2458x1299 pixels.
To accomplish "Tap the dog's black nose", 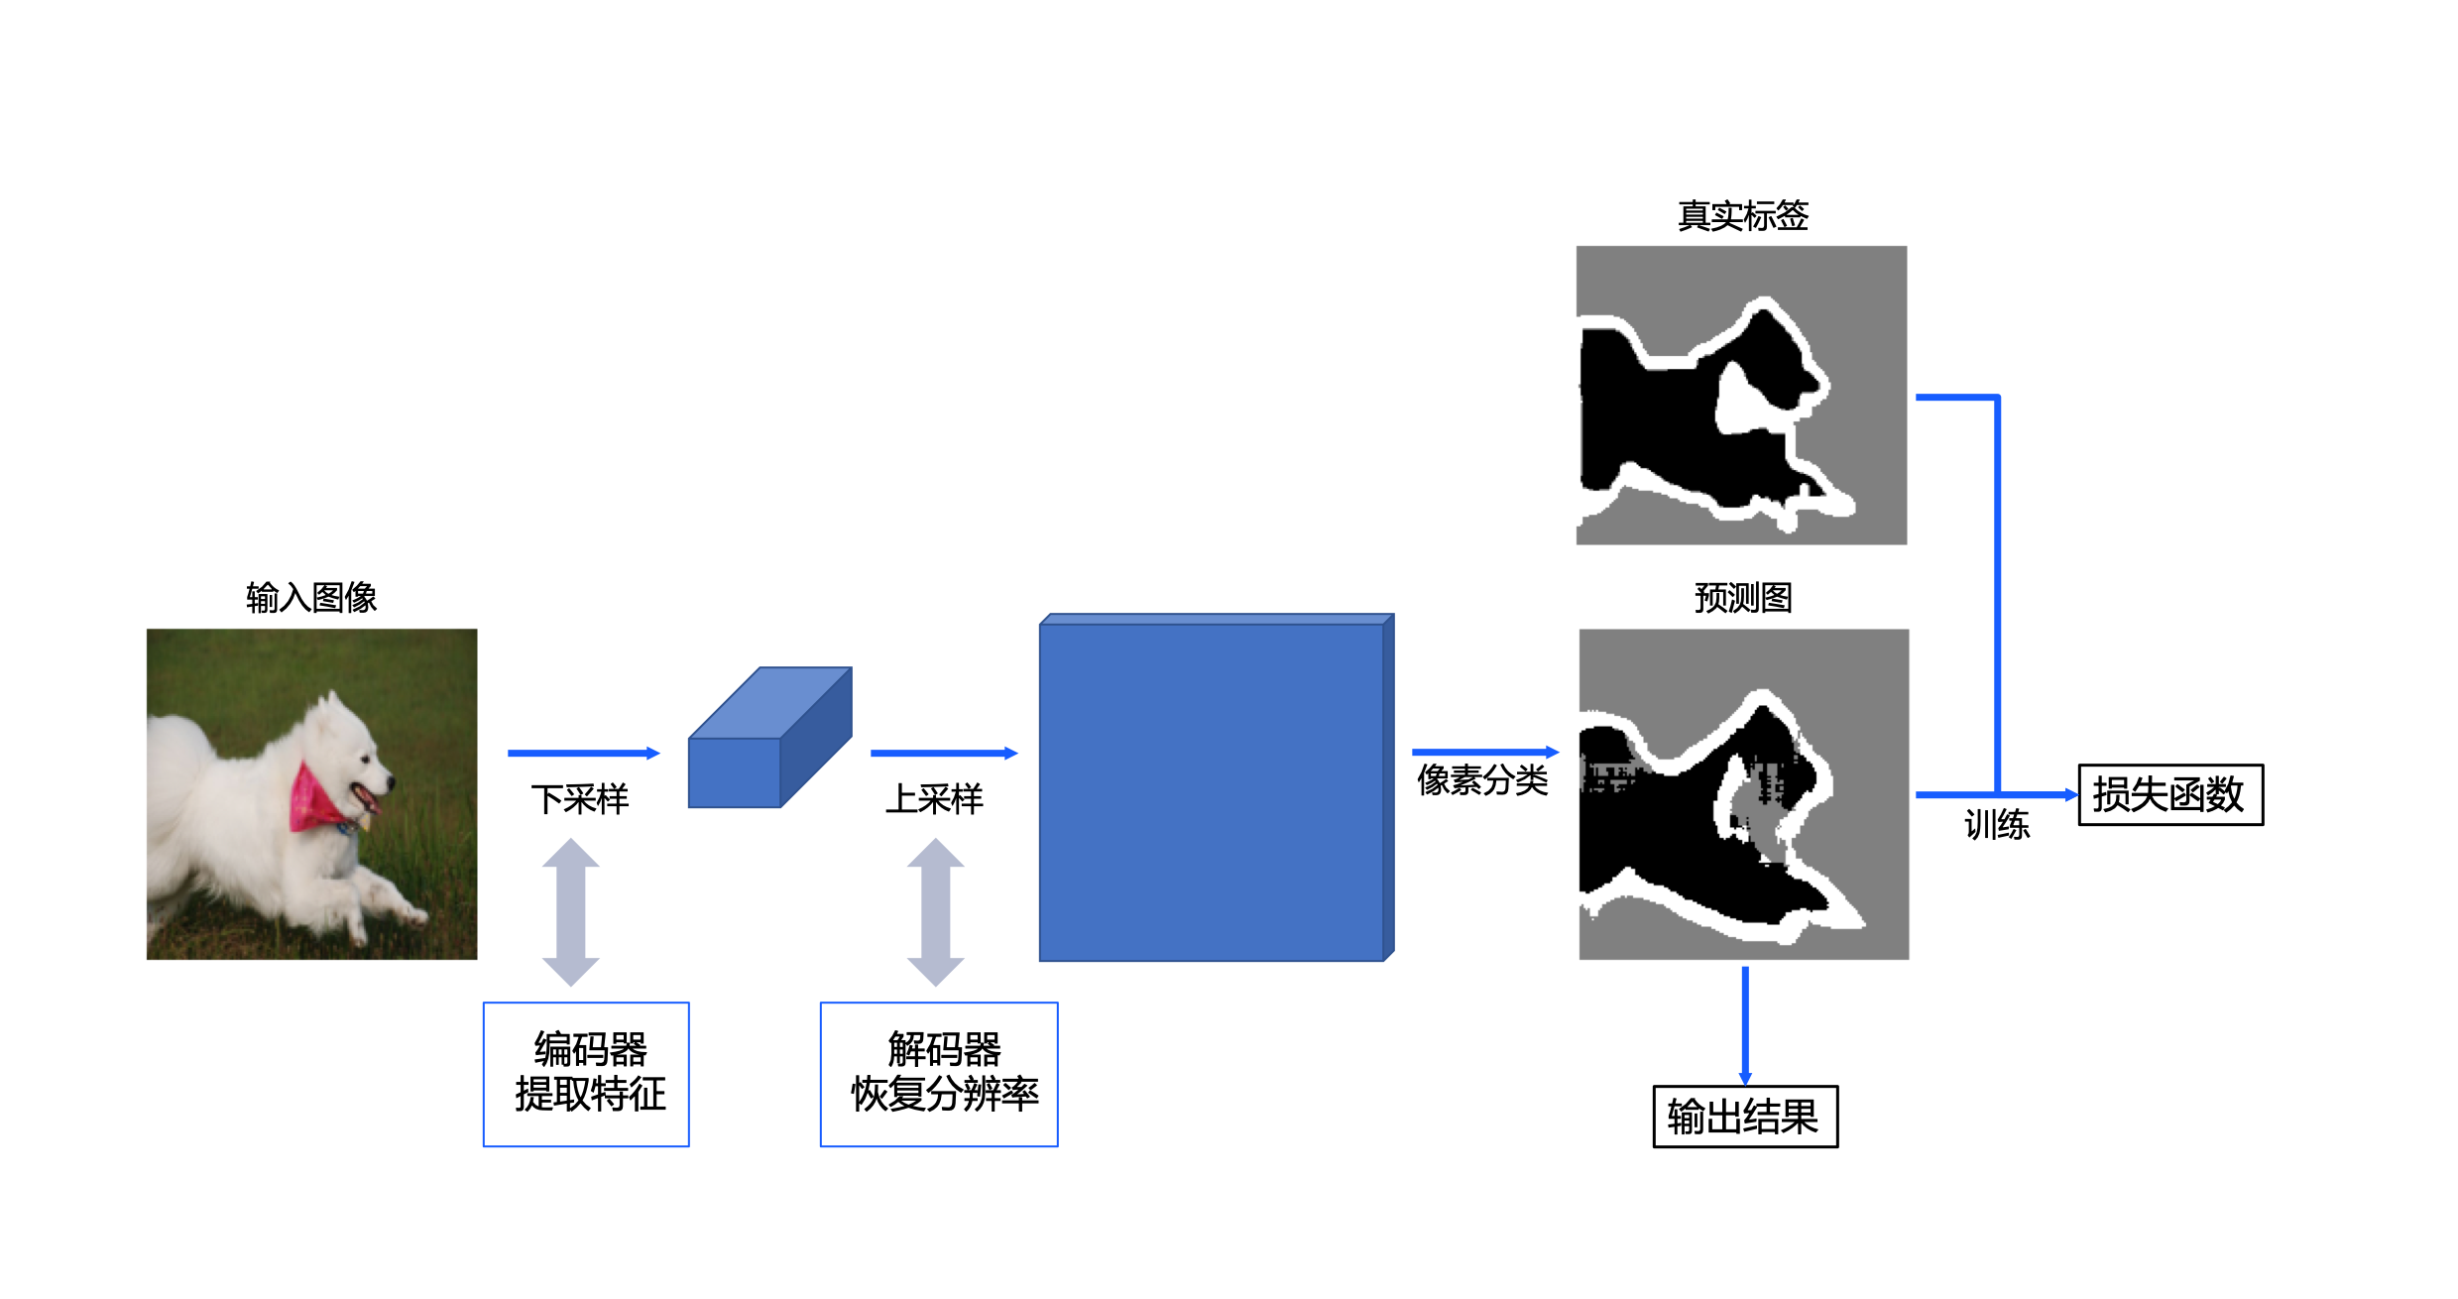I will point(390,782).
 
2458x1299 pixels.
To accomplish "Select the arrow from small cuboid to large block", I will point(943,754).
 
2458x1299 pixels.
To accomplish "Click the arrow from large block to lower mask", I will point(1484,753).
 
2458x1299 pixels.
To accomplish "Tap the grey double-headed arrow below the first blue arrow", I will point(571,912).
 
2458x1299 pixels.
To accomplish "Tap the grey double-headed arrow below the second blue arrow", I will point(936,912).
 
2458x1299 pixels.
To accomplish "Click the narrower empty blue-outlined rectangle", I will point(586,1075).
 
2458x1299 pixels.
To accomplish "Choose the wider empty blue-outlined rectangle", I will point(939,1075).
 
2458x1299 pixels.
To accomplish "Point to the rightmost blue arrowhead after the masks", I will point(2071,795).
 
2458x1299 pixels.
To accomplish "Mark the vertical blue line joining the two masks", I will point(1997,595).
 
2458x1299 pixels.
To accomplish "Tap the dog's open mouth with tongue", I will point(367,798).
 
